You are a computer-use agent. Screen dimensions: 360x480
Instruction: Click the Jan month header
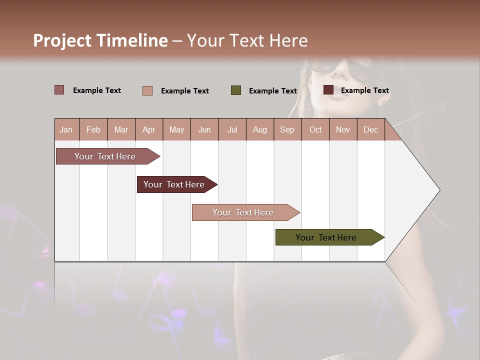point(66,129)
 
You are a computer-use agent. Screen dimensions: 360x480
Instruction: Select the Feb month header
point(93,129)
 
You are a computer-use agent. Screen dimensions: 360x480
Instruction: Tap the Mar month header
point(121,129)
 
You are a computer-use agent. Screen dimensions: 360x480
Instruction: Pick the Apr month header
point(149,129)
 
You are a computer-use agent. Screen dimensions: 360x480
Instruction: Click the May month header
point(176,129)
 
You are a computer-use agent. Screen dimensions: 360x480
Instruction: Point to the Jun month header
point(204,129)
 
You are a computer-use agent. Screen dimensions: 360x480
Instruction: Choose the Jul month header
point(232,129)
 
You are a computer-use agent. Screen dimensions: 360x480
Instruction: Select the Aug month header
point(260,129)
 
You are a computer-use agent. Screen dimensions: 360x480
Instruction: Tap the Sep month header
point(287,129)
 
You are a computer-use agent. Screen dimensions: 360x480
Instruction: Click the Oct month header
point(315,129)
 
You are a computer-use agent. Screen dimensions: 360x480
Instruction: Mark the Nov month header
point(343,129)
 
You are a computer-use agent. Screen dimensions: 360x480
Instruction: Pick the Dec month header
point(371,129)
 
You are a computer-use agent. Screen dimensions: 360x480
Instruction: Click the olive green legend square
point(236,90)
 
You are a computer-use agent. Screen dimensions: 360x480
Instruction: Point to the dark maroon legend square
point(328,90)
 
